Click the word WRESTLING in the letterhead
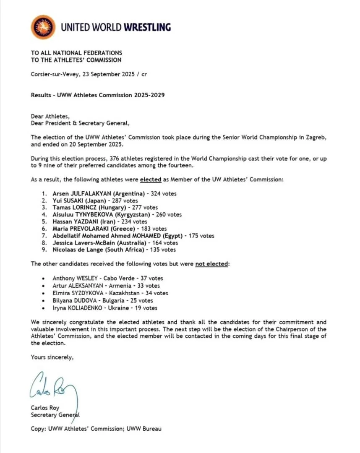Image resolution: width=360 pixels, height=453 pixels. click(147, 28)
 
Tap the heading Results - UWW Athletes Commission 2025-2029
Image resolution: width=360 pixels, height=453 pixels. click(98, 95)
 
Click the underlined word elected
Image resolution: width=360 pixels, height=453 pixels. click(151, 180)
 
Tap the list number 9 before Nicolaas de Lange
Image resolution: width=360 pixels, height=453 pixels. click(44, 250)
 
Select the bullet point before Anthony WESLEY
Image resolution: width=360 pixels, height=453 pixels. click(44, 279)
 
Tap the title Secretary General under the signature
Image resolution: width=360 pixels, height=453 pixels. click(55, 415)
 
